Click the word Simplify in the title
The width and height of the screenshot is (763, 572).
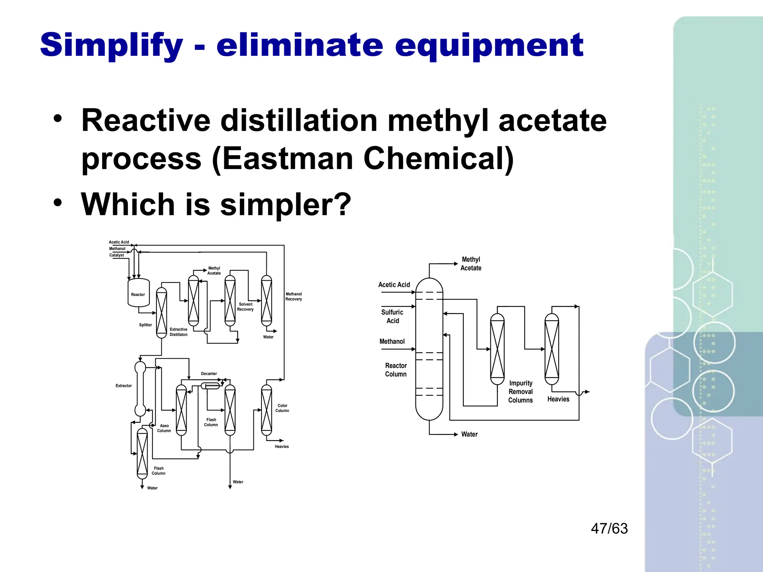click(x=111, y=45)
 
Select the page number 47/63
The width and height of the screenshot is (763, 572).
click(x=609, y=528)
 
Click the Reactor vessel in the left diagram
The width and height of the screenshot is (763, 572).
click(x=138, y=294)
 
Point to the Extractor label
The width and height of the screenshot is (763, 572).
click(x=124, y=386)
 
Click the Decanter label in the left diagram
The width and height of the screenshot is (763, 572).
click(x=209, y=374)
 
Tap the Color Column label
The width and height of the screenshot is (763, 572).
click(x=282, y=408)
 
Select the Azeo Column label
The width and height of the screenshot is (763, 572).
click(x=164, y=428)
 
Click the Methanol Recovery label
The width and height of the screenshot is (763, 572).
click(x=294, y=296)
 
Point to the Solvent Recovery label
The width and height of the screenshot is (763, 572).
click(x=245, y=307)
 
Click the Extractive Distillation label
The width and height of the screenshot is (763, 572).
click(x=178, y=332)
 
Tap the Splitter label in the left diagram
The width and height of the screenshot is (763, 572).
click(x=145, y=325)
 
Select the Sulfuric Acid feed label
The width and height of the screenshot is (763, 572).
click(x=392, y=316)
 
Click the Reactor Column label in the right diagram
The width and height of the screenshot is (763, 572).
click(x=396, y=370)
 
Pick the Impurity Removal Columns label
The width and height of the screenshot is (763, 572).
click(x=520, y=391)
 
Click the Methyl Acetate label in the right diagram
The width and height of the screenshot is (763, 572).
click(x=471, y=264)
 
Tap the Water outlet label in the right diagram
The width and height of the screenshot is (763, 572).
click(x=469, y=434)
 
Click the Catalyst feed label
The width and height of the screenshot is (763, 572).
click(x=117, y=255)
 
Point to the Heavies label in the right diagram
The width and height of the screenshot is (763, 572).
click(x=558, y=399)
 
